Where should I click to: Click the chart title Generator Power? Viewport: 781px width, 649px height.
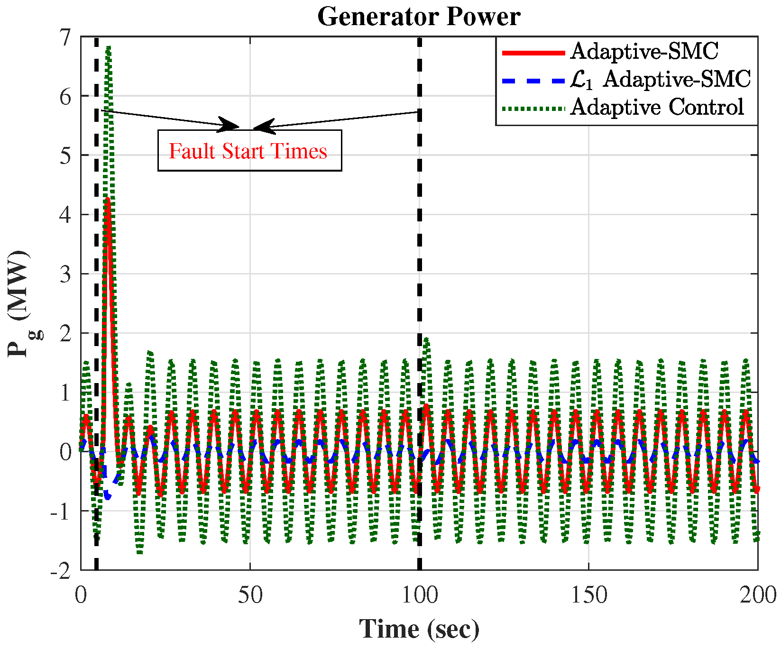pyautogui.click(x=419, y=17)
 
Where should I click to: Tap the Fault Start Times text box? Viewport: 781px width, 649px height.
pyautogui.click(x=249, y=151)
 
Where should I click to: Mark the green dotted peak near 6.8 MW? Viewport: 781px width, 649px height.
pyautogui.click(x=109, y=48)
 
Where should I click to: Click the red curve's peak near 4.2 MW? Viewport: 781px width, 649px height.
pyautogui.click(x=108, y=201)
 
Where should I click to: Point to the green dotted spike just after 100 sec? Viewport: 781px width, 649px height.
pyautogui.click(x=426, y=339)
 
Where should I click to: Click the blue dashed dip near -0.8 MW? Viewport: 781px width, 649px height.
pyautogui.click(x=108, y=496)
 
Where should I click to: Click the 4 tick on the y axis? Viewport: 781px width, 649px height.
pyautogui.click(x=65, y=215)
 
